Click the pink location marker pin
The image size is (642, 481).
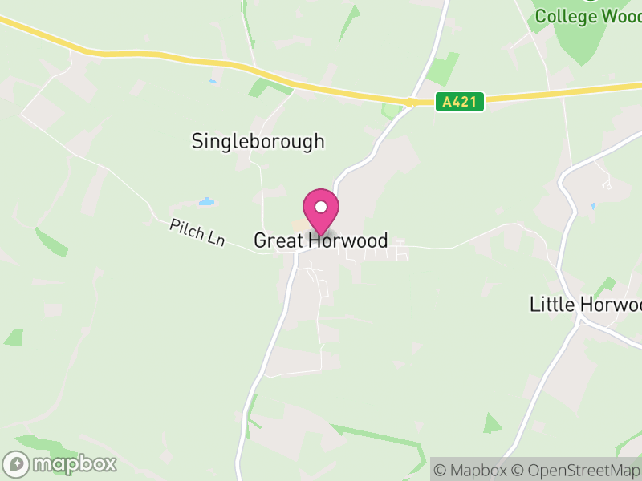[x=321, y=211]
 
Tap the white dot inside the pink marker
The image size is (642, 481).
[x=321, y=207]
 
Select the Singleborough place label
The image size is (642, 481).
[x=258, y=142]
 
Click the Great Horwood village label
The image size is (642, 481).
[x=321, y=240]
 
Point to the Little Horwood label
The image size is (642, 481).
[x=586, y=305]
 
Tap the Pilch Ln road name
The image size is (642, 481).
[x=197, y=233]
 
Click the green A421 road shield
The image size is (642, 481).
[x=461, y=102]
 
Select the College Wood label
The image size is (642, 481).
[x=588, y=16]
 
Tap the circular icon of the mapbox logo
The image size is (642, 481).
[x=16, y=464]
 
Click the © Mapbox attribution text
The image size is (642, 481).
[x=469, y=471]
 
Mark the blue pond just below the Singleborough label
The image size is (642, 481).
[x=207, y=201]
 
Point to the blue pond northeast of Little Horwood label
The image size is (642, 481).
[x=593, y=206]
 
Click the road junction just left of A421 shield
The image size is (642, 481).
[x=410, y=102]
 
